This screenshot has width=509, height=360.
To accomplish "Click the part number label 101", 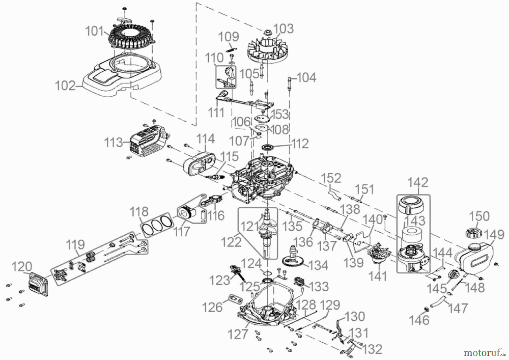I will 94,31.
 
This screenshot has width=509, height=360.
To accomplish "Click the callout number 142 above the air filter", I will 417,183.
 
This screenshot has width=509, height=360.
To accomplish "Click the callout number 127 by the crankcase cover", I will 238,335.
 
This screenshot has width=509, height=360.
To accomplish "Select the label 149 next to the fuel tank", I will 494,235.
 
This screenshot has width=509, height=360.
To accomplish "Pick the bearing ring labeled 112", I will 267,147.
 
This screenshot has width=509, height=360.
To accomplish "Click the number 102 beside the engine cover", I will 65,86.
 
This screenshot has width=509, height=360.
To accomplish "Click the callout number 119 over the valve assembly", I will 75,245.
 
